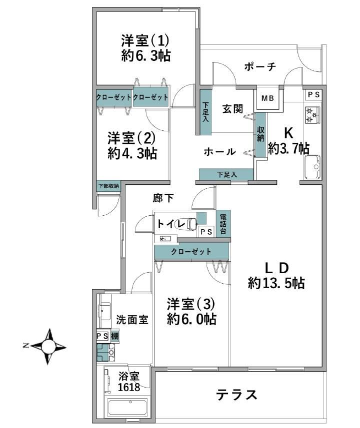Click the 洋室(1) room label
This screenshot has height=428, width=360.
[145, 41]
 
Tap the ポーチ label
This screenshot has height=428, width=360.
[260, 66]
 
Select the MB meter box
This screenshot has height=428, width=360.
[267, 98]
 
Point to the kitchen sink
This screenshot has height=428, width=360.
[312, 166]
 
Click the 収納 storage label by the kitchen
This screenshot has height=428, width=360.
[260, 134]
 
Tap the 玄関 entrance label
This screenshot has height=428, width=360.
[232, 109]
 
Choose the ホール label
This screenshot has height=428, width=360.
[220, 151]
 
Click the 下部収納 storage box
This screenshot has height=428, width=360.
[108, 186]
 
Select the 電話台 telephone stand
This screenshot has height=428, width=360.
[223, 224]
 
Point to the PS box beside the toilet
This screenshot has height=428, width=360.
[206, 232]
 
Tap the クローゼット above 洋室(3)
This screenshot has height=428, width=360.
[191, 251]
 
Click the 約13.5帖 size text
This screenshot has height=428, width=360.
[276, 283]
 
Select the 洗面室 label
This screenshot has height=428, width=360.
[132, 319]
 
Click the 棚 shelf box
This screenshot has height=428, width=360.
[114, 336]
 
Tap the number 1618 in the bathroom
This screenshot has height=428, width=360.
[128, 387]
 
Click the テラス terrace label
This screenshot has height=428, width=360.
[236, 395]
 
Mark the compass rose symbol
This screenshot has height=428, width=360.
[48, 347]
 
